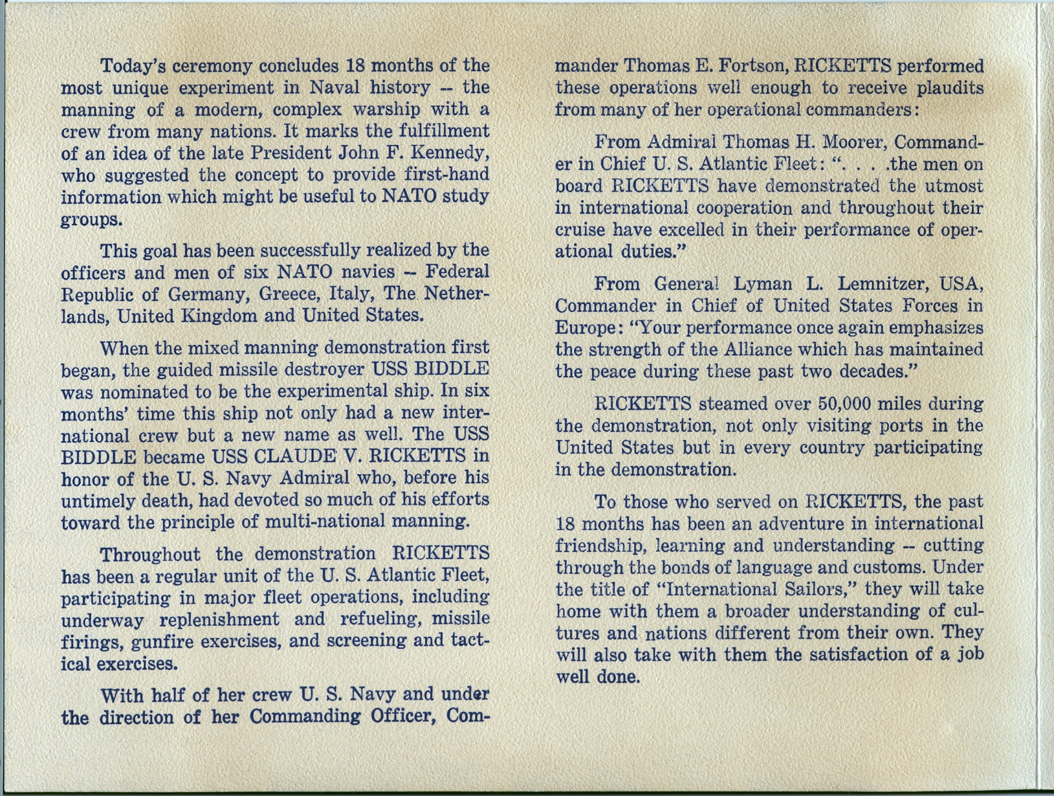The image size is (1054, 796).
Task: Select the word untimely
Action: point(90,500)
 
